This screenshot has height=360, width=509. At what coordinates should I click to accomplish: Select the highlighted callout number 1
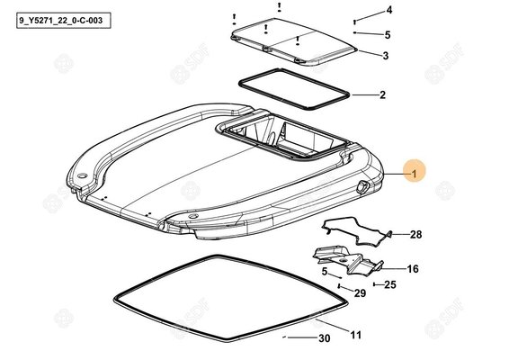coord(414,175)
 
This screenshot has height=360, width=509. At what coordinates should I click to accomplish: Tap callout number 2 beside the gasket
coord(383,94)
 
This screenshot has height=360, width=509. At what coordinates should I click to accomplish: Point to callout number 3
coord(385,56)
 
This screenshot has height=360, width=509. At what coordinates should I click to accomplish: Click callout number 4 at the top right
coord(388,10)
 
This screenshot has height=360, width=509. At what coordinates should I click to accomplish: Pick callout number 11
coord(355,335)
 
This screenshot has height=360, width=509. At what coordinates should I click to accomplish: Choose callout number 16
coord(413,269)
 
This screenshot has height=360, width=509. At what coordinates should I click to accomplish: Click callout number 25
coord(390,284)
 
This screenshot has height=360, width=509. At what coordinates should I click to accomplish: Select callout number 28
coord(415,234)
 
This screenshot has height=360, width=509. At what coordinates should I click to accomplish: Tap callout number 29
coord(360,293)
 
